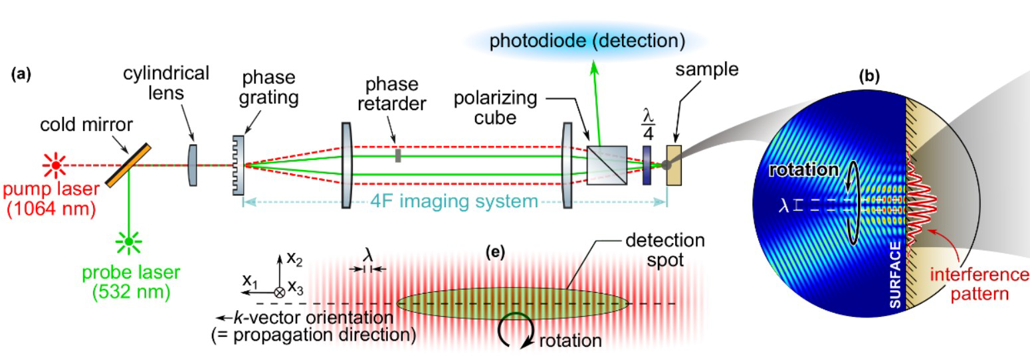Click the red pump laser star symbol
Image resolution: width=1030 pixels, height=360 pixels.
point(55,165)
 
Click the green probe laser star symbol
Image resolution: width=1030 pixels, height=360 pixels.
point(129,242)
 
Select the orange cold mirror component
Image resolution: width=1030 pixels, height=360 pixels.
point(128,165)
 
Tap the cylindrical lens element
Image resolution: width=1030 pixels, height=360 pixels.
point(193,165)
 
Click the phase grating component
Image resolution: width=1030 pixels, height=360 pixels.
point(238,165)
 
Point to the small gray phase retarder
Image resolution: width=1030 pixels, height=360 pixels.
point(398,155)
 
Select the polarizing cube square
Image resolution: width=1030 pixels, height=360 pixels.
point(607,165)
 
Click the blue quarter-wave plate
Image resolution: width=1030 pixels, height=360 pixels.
point(647,165)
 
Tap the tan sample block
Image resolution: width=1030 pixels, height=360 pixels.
point(674,165)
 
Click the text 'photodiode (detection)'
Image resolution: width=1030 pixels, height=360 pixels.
point(587,41)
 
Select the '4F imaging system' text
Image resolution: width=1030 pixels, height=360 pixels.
point(455,201)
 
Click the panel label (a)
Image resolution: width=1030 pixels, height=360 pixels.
point(21,74)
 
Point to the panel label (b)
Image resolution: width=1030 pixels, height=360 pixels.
point(869,76)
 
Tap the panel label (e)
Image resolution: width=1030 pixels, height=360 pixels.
point(495,252)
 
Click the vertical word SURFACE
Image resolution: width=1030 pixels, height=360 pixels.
point(895,274)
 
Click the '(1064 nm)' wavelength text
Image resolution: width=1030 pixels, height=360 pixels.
point(51,209)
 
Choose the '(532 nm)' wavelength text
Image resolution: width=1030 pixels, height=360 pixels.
point(131,292)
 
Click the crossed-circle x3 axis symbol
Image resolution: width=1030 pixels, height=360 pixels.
point(279,292)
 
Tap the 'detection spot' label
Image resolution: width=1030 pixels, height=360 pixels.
point(665,250)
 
